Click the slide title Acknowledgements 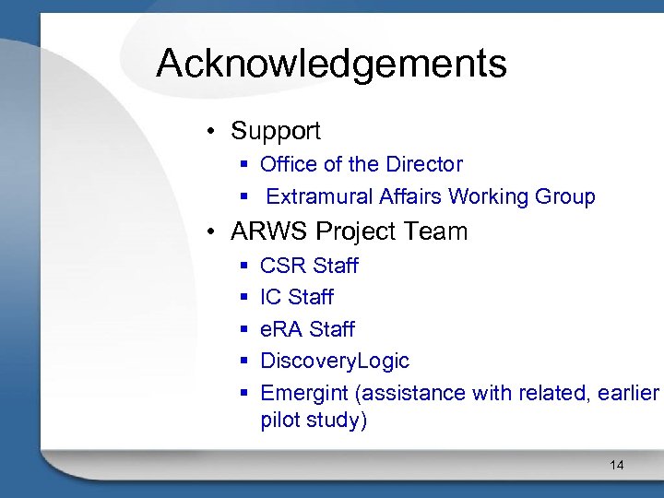331,64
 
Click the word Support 276,131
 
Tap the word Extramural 319,196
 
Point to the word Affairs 411,196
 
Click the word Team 436,231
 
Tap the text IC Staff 296,297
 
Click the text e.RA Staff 307,329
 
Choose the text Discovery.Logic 335,361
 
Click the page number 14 616,465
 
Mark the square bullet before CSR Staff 244,267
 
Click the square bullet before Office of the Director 244,165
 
